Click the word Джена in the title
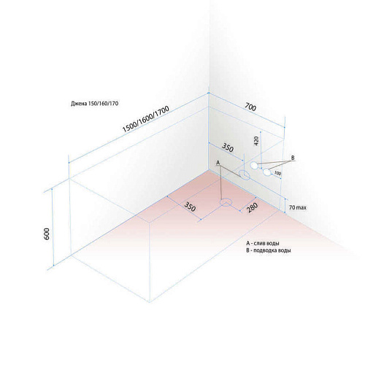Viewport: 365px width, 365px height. (x=79, y=104)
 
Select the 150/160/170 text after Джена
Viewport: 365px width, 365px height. (x=103, y=104)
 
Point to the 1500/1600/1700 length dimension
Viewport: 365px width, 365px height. (x=145, y=119)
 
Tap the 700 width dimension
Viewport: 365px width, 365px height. (x=250, y=107)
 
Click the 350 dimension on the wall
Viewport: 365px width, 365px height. (x=228, y=147)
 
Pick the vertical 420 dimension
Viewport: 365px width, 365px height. (x=256, y=141)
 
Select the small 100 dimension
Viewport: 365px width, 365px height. (x=277, y=173)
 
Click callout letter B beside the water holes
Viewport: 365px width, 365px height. (x=293, y=158)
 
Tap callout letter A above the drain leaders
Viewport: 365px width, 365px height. (x=218, y=163)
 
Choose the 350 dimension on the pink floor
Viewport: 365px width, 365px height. (x=190, y=207)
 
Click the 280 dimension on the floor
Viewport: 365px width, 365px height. (x=252, y=207)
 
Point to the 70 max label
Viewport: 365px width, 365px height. (x=298, y=207)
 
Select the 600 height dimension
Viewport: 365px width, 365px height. (x=47, y=234)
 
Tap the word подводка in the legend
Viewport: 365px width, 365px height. (x=264, y=250)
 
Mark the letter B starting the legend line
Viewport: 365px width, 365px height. (x=247, y=250)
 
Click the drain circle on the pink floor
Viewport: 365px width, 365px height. (x=226, y=202)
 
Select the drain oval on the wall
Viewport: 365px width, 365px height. (x=244, y=174)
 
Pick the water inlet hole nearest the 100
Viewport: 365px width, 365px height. (x=266, y=172)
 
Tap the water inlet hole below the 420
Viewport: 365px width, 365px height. (x=254, y=166)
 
